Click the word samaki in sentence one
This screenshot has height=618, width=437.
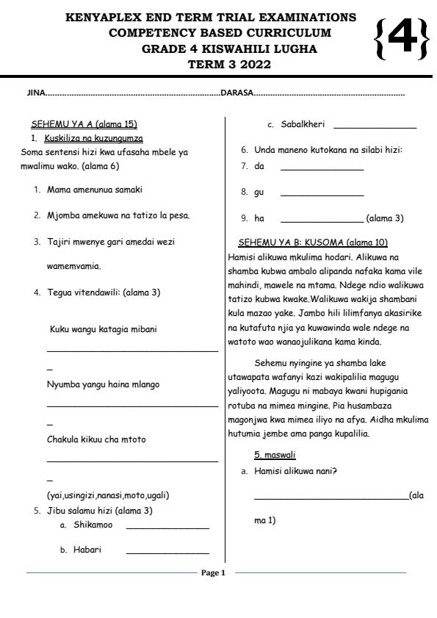pyautogui.click(x=128, y=190)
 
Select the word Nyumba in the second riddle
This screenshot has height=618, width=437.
pyautogui.click(x=62, y=384)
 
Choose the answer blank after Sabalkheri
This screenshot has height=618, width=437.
pyautogui.click(x=375, y=128)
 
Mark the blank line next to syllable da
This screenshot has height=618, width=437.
pyautogui.click(x=322, y=170)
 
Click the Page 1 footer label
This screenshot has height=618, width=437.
pyautogui.click(x=213, y=573)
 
